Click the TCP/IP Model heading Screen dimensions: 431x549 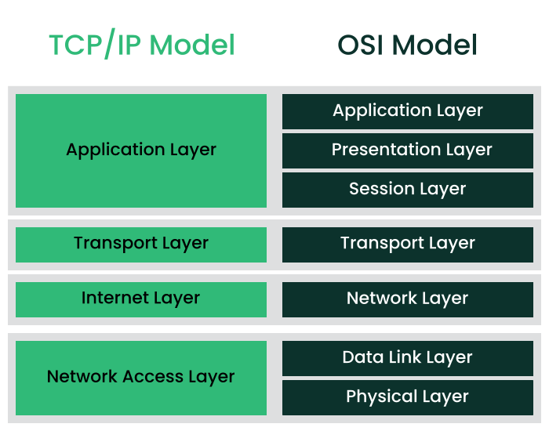pos(141,45)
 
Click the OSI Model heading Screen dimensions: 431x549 pos(407,45)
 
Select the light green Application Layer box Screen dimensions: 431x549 pos(141,150)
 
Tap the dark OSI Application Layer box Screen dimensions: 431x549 pos(407,111)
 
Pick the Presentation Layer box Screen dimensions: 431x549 pos(407,150)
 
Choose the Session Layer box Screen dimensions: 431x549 pos(407,189)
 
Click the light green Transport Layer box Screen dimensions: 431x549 pos(141,244)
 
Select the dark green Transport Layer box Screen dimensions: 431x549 pos(407,244)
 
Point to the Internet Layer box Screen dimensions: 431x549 pos(141,299)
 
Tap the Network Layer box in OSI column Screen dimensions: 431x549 pos(407,299)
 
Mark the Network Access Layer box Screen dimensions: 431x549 pos(141,377)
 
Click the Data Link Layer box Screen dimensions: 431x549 pos(407,358)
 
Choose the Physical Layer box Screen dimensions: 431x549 pos(407,397)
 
